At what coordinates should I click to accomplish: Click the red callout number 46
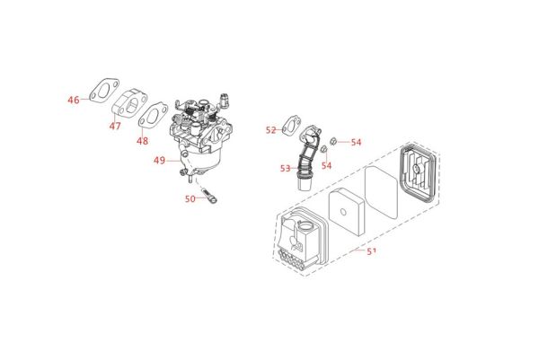[74, 100]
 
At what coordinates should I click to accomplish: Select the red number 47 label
[114, 127]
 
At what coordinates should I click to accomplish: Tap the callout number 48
[142, 141]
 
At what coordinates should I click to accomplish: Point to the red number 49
[159, 161]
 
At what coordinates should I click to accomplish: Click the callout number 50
[190, 198]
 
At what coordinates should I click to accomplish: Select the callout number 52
[270, 131]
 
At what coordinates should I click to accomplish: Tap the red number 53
[285, 167]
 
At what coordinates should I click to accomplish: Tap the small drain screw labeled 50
[209, 193]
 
